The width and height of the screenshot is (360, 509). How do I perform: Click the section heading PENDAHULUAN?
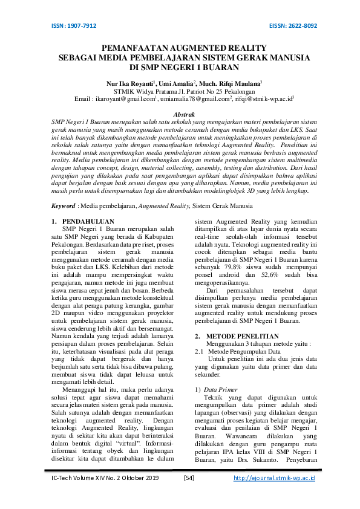89,222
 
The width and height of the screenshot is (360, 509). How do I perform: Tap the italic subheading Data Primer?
221,390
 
